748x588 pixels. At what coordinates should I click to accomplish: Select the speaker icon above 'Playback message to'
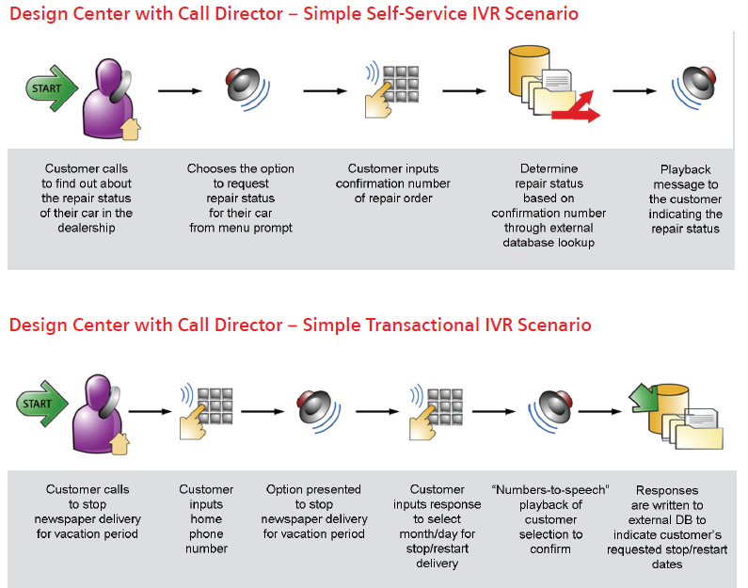pos(696,87)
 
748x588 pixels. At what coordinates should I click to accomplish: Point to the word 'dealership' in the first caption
pos(88,228)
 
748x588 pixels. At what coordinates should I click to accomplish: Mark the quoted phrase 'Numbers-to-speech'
pos(550,489)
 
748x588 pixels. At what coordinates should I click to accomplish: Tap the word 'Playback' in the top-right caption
pos(685,169)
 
